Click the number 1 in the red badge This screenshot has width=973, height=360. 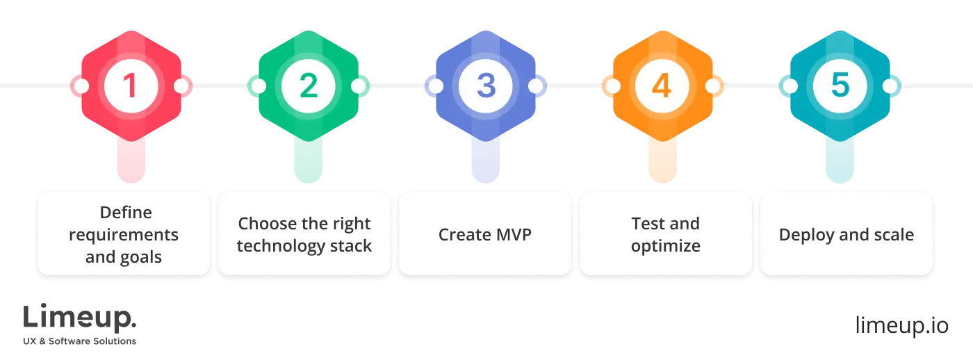coord(130,86)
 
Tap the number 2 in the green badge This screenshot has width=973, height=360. coord(308,86)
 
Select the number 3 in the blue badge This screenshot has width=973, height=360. coord(486,86)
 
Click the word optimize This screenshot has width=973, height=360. coord(665,246)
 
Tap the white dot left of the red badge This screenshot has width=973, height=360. coord(81,86)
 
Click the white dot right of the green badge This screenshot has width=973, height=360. coord(359,86)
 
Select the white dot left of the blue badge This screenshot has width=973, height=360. coord(436,86)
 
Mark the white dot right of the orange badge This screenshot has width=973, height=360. coord(713,86)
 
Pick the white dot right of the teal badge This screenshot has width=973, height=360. coord(890,86)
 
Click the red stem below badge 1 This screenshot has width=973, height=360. coord(131,160)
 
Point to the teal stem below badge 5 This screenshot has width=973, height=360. coord(840,160)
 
